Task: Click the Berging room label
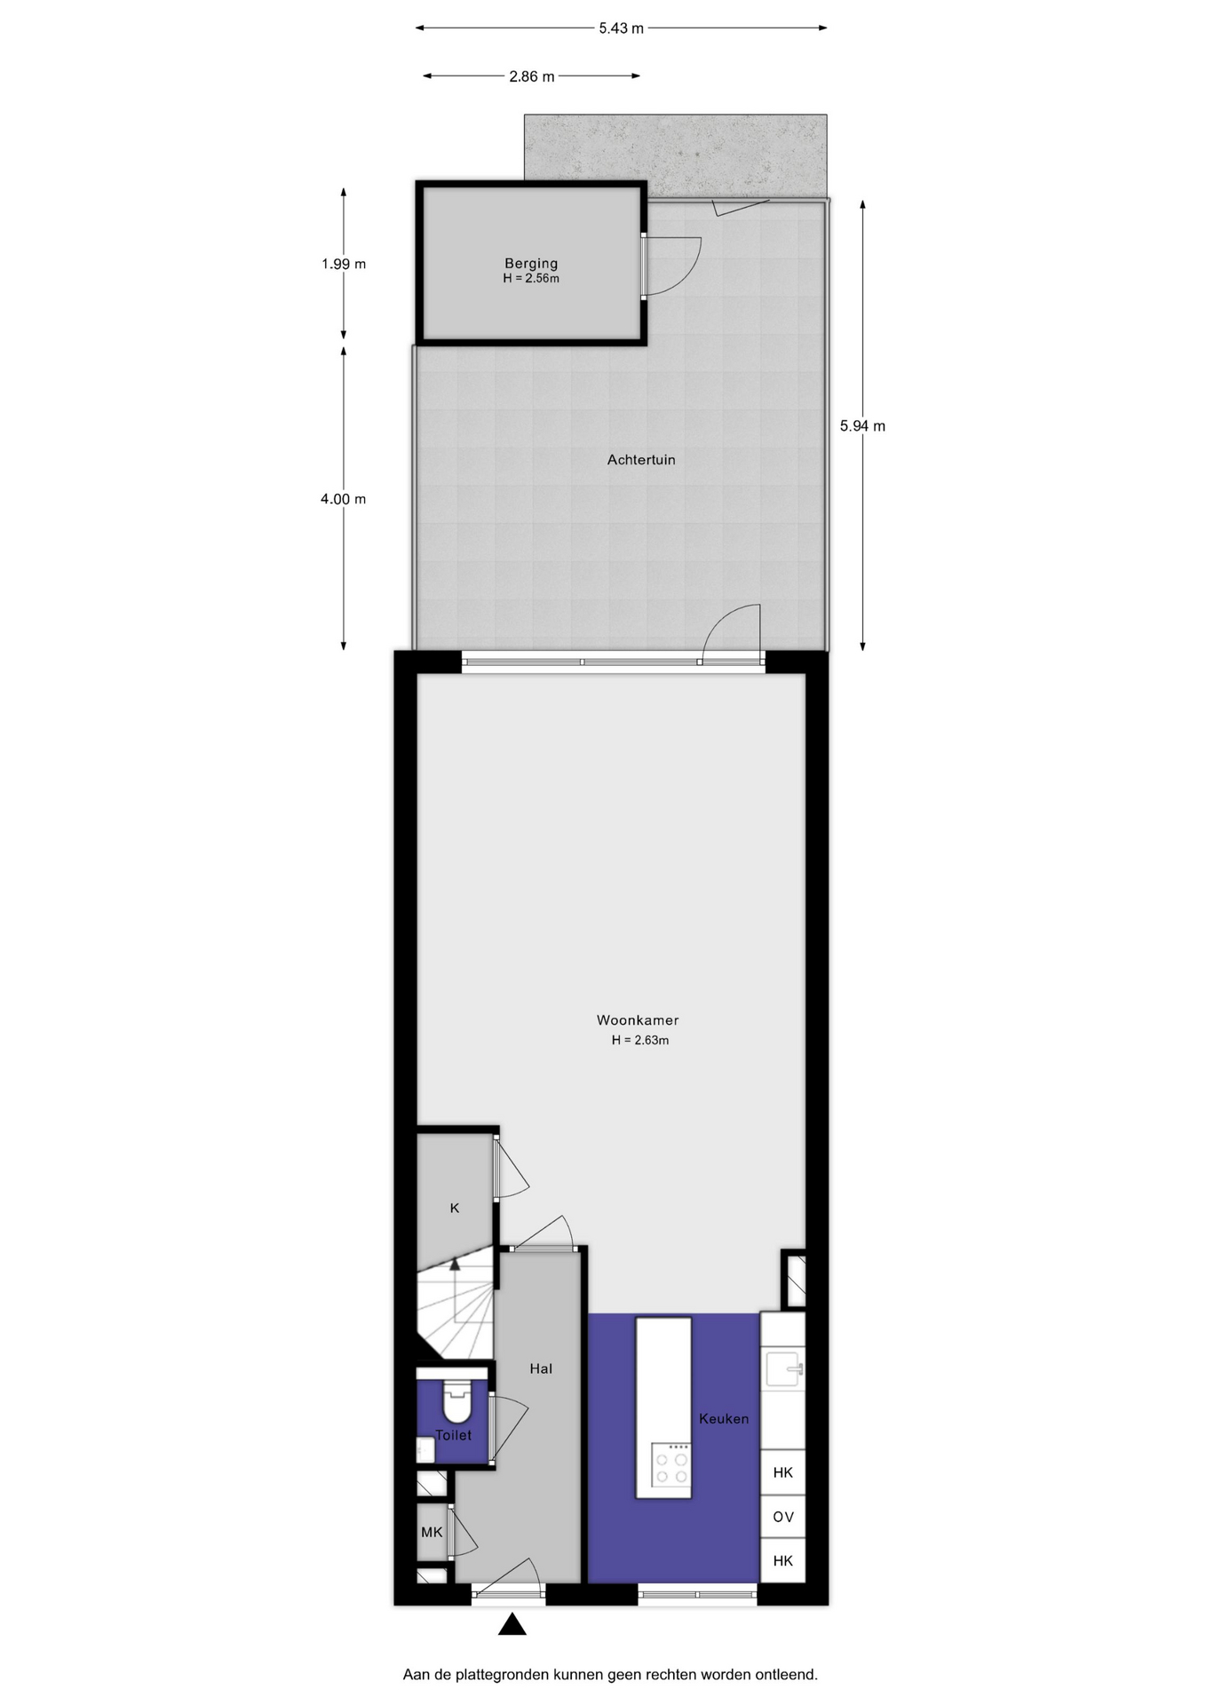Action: tap(531, 263)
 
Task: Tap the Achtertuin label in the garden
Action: tap(641, 460)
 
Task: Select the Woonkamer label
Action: tap(638, 1020)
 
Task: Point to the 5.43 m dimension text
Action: tap(621, 28)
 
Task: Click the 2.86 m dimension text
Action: tap(531, 76)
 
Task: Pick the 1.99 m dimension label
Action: tap(344, 264)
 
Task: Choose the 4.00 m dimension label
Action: tap(344, 499)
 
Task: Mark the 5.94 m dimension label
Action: tap(862, 426)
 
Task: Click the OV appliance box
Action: tap(783, 1517)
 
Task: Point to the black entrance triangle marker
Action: tap(512, 1625)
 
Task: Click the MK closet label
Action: tap(432, 1532)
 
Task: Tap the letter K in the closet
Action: tap(455, 1208)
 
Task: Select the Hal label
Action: tap(541, 1368)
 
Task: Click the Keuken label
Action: tap(724, 1418)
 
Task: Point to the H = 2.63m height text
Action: tap(640, 1040)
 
